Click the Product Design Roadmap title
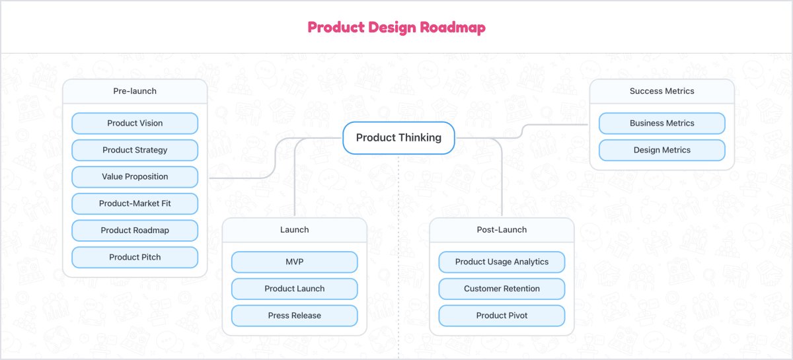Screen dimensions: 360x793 tap(397, 27)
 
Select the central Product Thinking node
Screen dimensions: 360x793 tap(398, 137)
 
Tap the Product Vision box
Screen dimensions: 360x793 tap(135, 123)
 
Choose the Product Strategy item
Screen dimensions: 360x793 tap(135, 150)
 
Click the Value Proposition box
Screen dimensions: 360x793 tap(135, 176)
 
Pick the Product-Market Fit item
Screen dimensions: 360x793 tap(135, 203)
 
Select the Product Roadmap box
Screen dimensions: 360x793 tap(135, 231)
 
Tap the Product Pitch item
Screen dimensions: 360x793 tap(135, 257)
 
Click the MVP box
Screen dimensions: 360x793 tap(294, 262)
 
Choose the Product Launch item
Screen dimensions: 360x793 tap(294, 289)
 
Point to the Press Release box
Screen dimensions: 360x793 tap(294, 315)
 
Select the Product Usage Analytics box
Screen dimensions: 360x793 tap(502, 262)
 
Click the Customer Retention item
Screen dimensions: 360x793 tap(502, 289)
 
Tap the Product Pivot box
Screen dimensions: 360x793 tap(502, 315)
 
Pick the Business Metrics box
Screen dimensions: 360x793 tap(661, 123)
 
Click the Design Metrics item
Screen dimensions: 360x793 tap(661, 150)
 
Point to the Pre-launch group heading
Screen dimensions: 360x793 tap(135, 91)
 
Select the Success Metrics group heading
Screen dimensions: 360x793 tap(661, 91)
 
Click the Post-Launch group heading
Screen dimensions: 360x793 tap(502, 230)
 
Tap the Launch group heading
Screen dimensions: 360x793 tap(294, 230)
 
